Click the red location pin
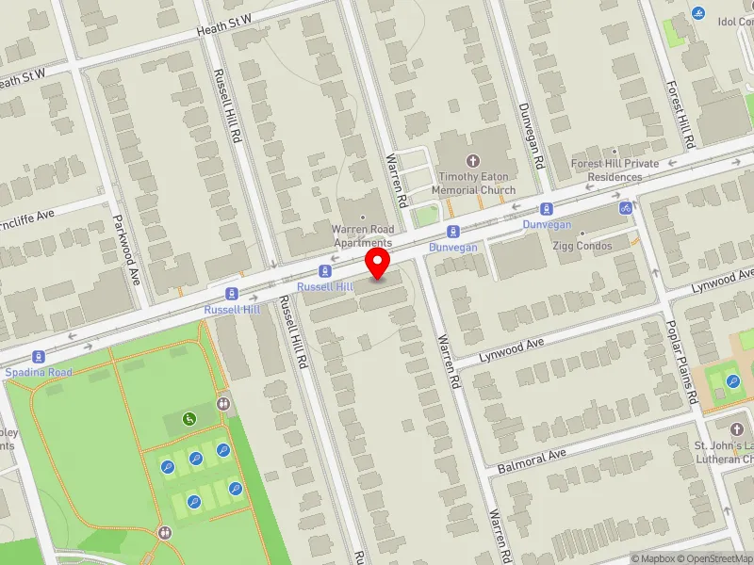pos(379,263)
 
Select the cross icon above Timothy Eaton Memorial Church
pos(473,161)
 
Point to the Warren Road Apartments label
pos(361,235)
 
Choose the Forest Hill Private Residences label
pos(615,169)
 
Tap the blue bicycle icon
pos(625,207)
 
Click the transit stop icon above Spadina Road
pos(39,357)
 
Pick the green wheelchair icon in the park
pos(189,419)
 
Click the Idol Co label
pos(735,22)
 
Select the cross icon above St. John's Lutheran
pos(742,418)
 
